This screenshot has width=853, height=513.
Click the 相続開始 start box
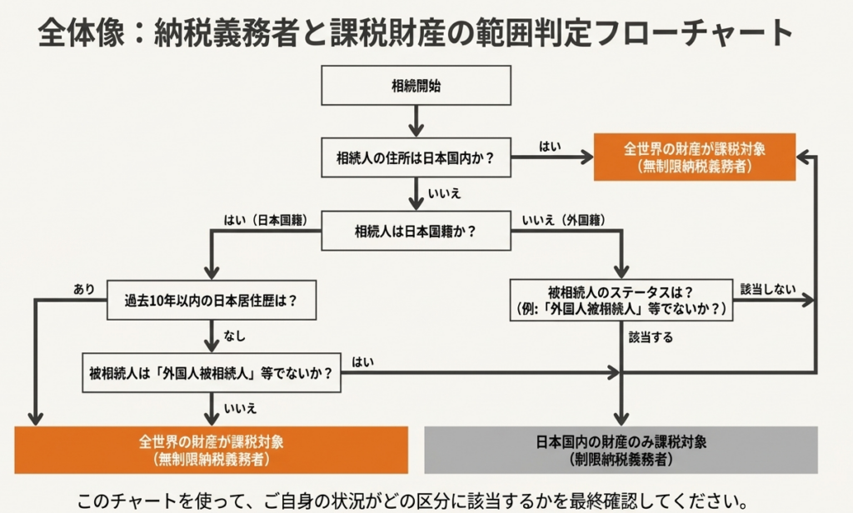(x=416, y=85)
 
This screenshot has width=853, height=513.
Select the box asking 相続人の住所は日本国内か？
(x=416, y=158)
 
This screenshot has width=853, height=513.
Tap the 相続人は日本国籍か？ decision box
(x=416, y=230)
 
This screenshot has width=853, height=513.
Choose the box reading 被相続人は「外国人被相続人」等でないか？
(x=212, y=374)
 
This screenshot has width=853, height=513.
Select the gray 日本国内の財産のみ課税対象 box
(x=621, y=449)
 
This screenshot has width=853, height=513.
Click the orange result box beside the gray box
(x=212, y=449)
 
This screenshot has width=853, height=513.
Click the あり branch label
(x=84, y=289)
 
